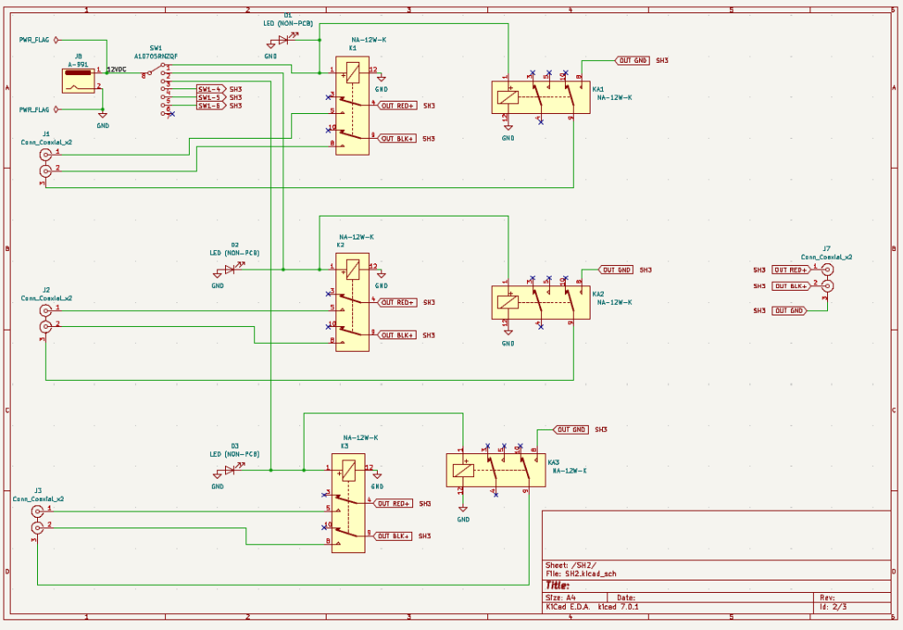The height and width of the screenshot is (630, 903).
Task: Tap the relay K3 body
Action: pos(348,503)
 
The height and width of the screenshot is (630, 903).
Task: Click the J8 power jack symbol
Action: pos(79,80)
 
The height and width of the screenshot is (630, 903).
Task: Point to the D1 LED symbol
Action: pos(283,40)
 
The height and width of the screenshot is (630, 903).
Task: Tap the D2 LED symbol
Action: pos(230,269)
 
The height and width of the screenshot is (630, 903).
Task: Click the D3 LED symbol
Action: pos(230,470)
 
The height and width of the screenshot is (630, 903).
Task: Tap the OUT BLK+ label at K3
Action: pos(393,536)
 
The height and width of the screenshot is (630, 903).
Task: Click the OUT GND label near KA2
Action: pos(616,269)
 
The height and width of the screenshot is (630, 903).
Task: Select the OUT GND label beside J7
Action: pos(789,311)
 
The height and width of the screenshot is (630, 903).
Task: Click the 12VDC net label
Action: pos(117,69)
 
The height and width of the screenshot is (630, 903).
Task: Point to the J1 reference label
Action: pos(46,133)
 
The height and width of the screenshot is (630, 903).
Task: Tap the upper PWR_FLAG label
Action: pos(34,40)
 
